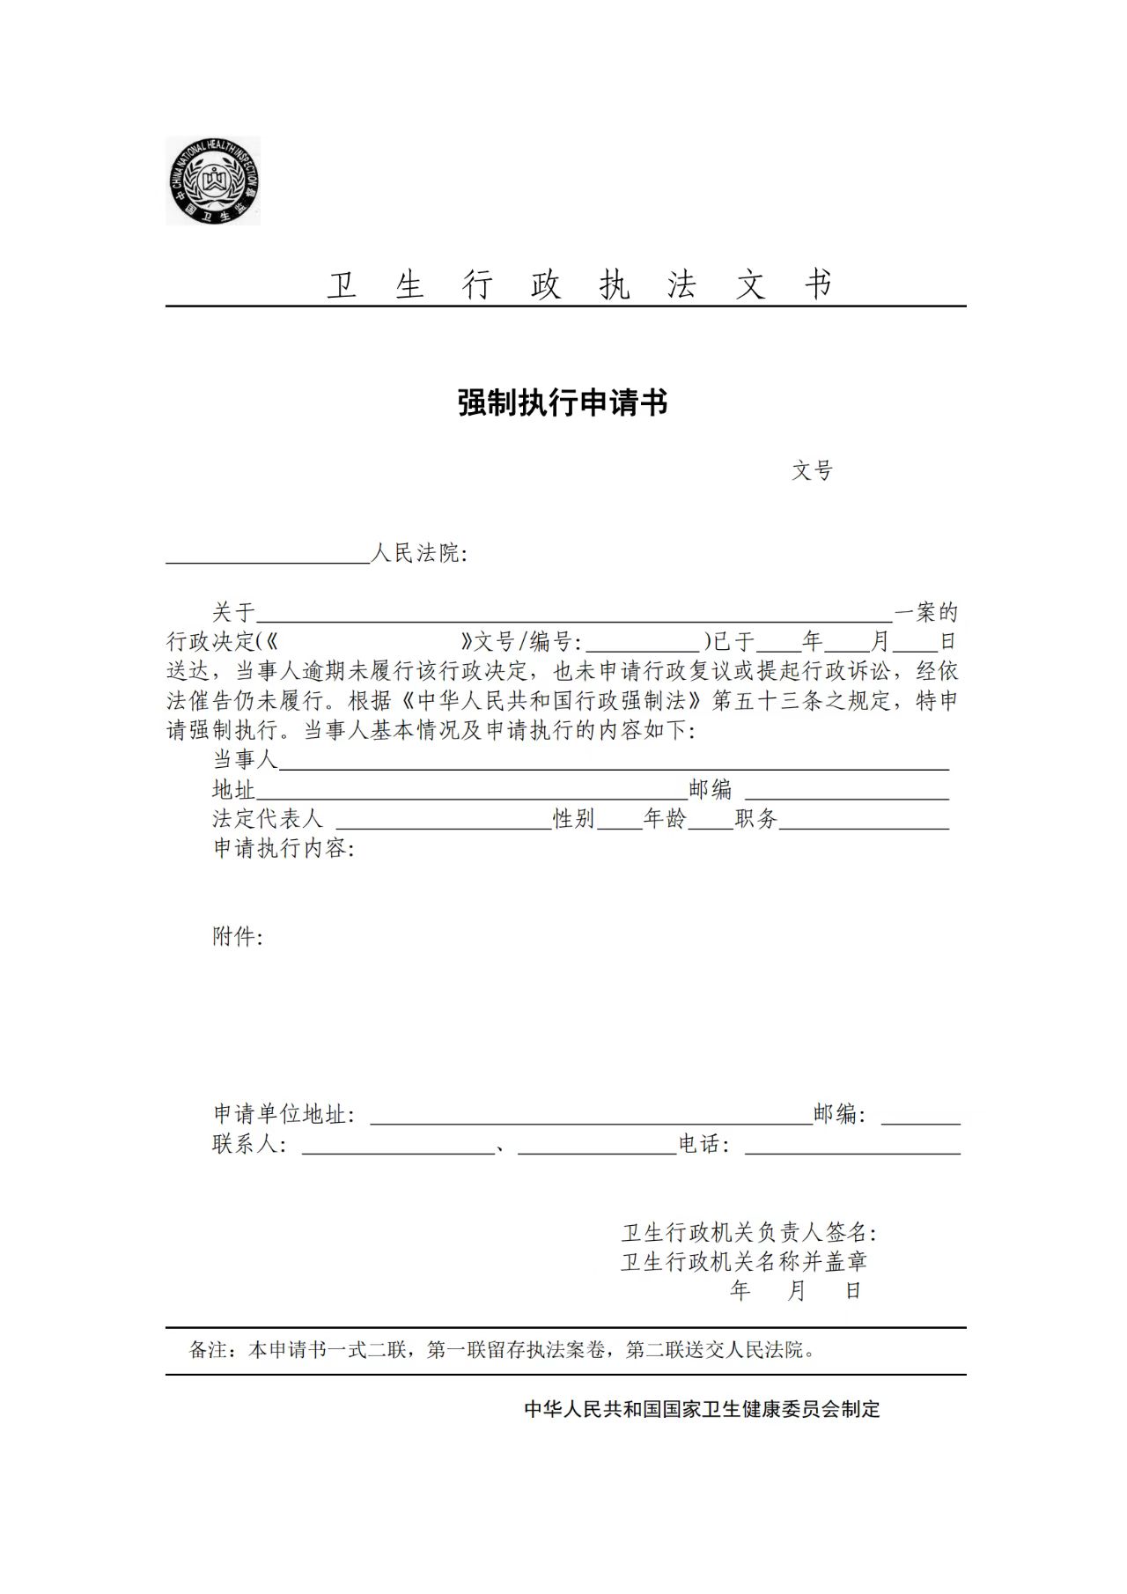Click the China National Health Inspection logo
(213, 181)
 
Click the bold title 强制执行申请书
(563, 403)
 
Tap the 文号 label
(811, 471)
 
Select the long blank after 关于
(574, 615)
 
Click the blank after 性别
(619, 822)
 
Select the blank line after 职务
(864, 822)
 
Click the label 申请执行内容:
(284, 849)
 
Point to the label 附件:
(238, 937)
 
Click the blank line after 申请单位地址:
(591, 1118)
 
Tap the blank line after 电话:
(852, 1147)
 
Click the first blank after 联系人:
(398, 1147)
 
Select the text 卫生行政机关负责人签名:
(748, 1232)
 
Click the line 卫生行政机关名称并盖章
(744, 1262)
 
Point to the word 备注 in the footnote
(209, 1350)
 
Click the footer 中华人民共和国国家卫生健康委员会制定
(702, 1409)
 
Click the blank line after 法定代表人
(444, 822)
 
